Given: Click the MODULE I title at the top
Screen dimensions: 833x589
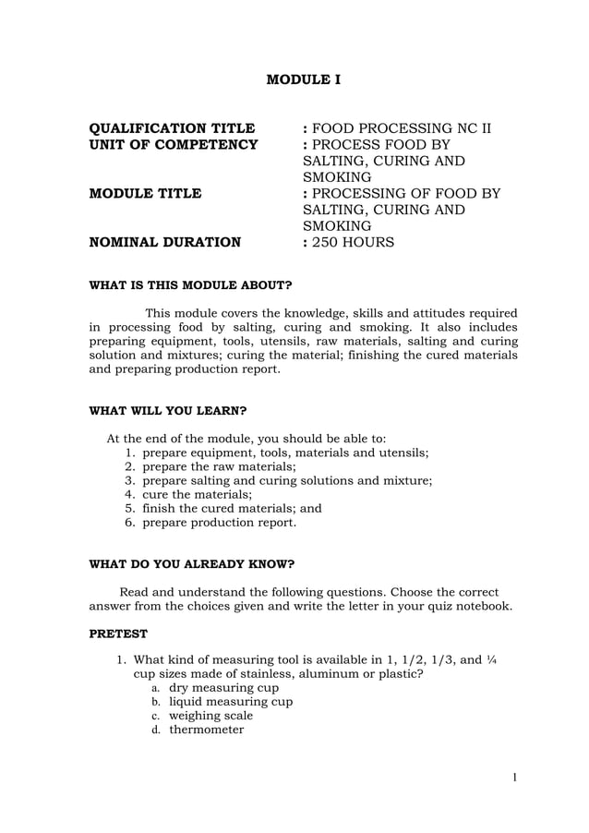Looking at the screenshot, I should pos(303,80).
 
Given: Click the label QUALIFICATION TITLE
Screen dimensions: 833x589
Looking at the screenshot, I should pos(171,128).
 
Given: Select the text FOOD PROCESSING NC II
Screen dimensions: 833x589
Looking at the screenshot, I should pos(401,128).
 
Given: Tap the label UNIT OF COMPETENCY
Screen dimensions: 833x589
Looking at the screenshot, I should pos(173,145).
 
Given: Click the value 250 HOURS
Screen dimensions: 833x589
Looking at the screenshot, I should pos(354,243).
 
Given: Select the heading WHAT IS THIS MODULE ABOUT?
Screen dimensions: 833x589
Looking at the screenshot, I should pos(190,285).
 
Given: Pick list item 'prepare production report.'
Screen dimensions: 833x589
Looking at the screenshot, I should pos(219,522).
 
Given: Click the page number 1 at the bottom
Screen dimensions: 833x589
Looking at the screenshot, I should pos(514,778).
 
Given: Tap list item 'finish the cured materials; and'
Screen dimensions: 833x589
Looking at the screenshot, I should pos(232,508).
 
